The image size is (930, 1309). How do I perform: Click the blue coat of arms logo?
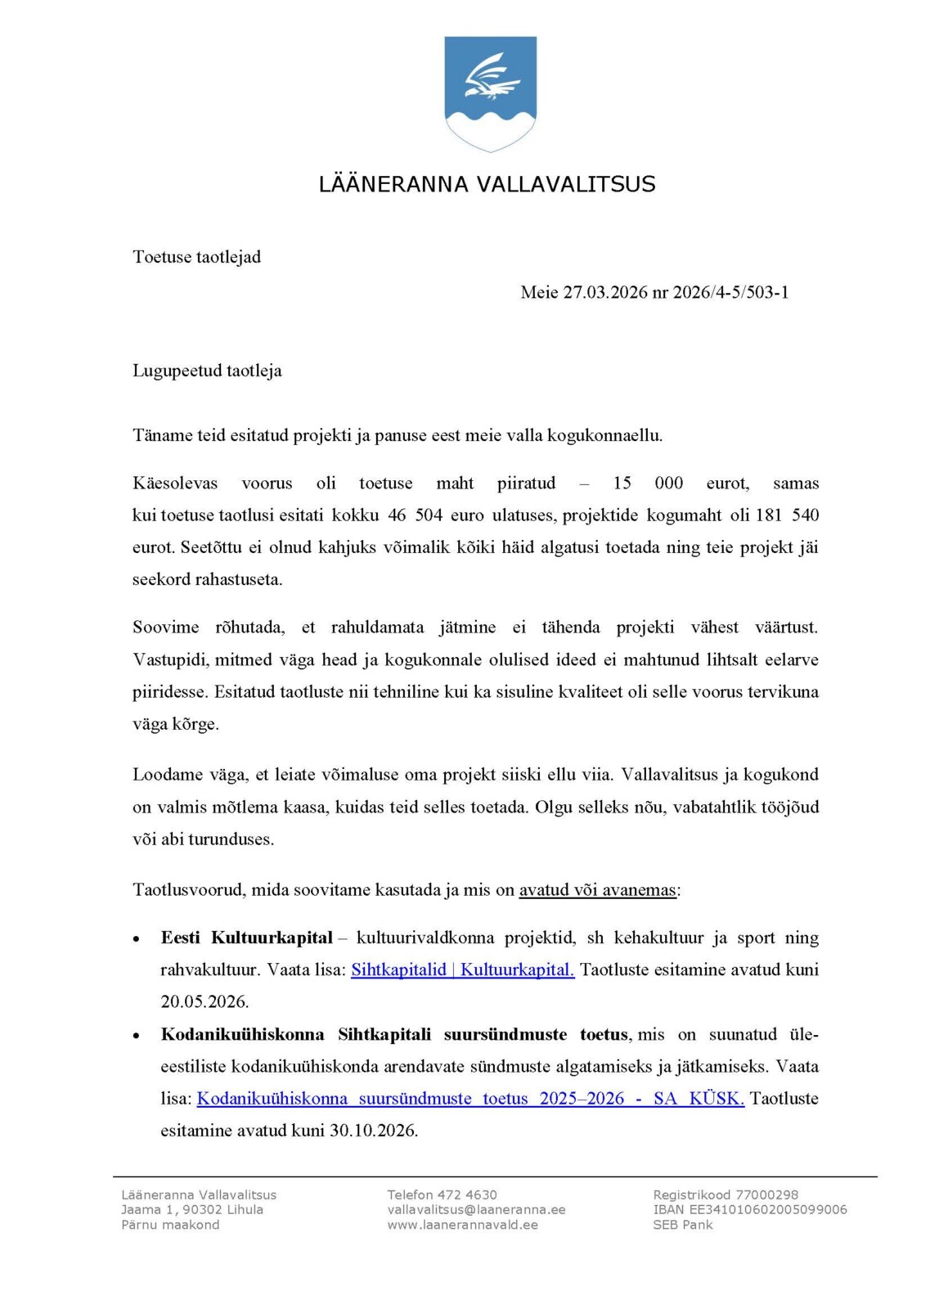(490, 93)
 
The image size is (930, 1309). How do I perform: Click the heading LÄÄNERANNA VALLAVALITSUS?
(487, 184)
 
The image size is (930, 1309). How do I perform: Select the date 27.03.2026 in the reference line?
(604, 293)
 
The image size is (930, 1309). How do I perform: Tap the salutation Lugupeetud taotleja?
(207, 371)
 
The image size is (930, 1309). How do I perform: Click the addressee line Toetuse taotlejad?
(196, 257)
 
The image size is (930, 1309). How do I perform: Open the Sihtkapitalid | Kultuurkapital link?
(462, 970)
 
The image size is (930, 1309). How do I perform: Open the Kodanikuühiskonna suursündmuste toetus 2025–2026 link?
(470, 1099)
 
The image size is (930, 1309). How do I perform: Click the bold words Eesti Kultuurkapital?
(246, 938)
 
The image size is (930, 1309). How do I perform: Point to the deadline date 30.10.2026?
(373, 1131)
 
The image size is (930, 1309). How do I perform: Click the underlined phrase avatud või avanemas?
(598, 890)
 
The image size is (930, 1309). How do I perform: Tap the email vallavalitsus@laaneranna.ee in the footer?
(476, 1210)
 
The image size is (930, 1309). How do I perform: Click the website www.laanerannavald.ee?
(462, 1225)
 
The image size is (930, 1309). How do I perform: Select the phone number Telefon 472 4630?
(442, 1195)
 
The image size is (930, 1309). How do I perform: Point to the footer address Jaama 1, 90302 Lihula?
(192, 1210)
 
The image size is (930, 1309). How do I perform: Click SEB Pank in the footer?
(682, 1225)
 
